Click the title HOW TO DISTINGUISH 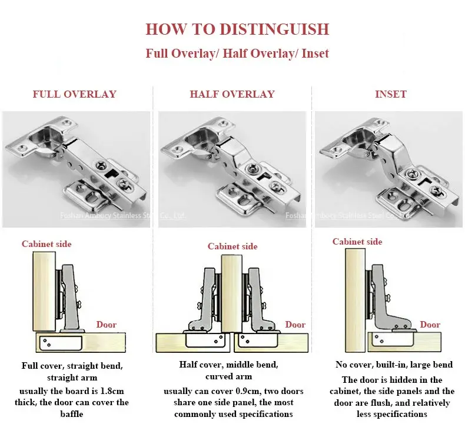237,29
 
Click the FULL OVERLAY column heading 74,94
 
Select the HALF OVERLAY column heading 232,94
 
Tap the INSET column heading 390,94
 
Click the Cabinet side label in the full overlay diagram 46,244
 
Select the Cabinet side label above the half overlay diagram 232,246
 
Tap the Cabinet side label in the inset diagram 357,242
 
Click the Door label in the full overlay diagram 107,325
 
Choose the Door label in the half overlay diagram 295,325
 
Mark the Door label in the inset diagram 430,325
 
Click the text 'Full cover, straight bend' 72,366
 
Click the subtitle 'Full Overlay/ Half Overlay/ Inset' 237,54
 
